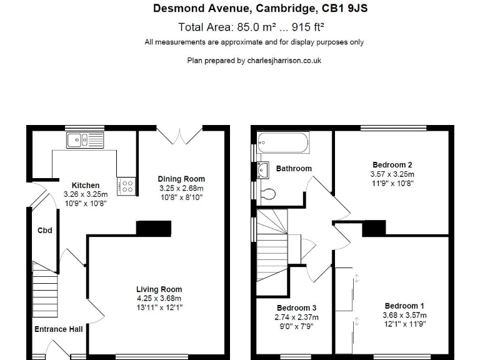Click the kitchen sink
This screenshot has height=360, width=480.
85,139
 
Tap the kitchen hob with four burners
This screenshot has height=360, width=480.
127,185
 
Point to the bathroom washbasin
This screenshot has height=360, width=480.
262,169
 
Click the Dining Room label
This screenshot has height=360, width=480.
181,179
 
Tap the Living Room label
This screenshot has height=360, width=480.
159,289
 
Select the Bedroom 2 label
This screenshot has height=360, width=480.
384,164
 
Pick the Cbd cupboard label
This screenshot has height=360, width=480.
44,231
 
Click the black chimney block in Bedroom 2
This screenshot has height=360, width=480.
374,228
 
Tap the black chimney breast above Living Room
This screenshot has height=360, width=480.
154,228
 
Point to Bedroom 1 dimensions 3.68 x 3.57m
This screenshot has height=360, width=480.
403,315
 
